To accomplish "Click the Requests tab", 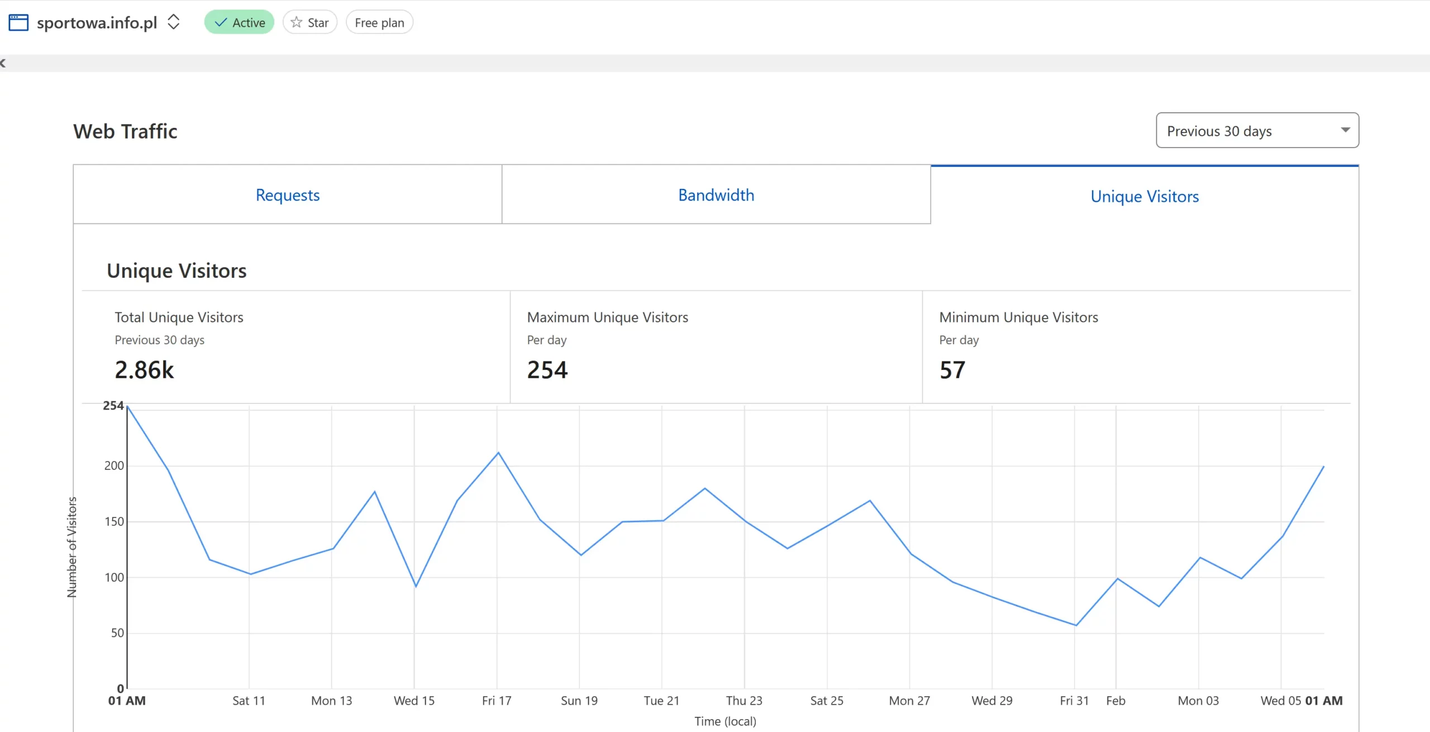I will click(x=287, y=195).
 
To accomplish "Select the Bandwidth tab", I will click(x=716, y=195).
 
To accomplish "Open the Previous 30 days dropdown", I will click(x=1257, y=131).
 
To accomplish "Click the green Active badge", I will click(x=239, y=22).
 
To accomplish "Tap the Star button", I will click(x=310, y=22).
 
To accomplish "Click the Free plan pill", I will click(x=379, y=22).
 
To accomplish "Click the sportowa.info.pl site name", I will click(x=97, y=22).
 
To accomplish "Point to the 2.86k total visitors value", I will click(x=144, y=370).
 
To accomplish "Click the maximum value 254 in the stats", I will click(x=547, y=370).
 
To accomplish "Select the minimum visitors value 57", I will click(x=952, y=370).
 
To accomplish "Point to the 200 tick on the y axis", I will click(x=114, y=465).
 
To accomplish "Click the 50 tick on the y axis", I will click(x=117, y=633).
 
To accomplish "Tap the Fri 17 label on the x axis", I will click(x=497, y=701).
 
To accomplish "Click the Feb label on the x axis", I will click(x=1116, y=701).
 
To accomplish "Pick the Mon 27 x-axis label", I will click(x=909, y=701).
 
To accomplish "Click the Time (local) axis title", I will click(x=725, y=721).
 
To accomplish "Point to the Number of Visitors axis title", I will click(x=72, y=547).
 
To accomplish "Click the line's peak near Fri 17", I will click(x=498, y=453).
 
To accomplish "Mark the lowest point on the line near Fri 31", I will click(x=1075, y=625).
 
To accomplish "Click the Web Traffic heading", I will click(x=125, y=131).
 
